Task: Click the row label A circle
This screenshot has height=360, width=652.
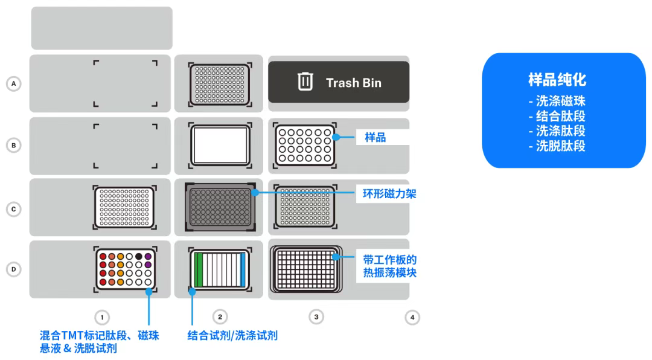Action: click(13, 83)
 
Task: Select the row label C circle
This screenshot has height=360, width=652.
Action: click(13, 209)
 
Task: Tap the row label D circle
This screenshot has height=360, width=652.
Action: click(13, 269)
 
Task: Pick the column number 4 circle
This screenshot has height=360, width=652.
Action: click(412, 317)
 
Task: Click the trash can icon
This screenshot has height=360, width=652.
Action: click(305, 82)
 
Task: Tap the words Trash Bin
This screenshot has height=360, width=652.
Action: click(354, 83)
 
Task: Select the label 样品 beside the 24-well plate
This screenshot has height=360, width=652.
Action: click(375, 137)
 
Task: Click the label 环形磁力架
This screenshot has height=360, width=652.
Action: click(389, 194)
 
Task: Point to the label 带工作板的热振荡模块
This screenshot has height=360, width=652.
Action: click(389, 266)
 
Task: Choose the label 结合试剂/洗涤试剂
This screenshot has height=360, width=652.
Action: click(232, 335)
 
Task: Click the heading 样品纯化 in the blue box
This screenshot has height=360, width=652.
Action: click(557, 79)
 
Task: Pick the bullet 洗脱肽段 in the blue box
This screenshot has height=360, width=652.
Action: click(557, 146)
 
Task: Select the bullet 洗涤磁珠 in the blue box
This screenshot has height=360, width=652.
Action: click(557, 101)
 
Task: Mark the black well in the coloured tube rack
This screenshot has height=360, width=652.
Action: click(139, 256)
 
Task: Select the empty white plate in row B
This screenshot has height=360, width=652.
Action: click(220, 145)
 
